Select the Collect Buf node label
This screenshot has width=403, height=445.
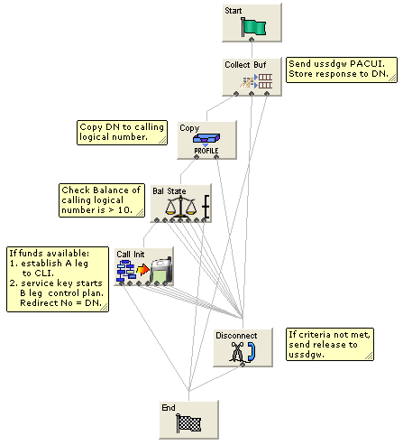coord(245,65)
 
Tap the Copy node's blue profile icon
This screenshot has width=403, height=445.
coord(206,138)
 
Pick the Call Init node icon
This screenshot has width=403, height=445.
coord(143,268)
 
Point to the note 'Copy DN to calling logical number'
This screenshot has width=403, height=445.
coord(123,133)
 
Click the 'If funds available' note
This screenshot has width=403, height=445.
coord(56,279)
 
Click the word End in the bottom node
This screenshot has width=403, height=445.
coord(169,408)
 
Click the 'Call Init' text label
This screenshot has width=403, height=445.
coord(131,254)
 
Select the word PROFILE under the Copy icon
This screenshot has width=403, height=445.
coord(206,151)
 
